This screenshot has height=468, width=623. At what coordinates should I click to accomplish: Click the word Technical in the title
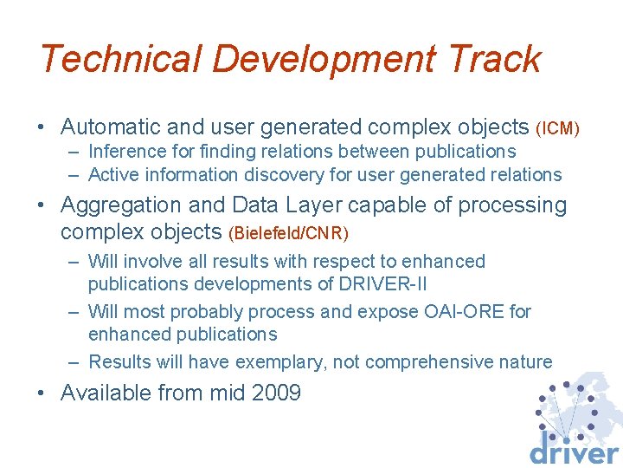click(120, 59)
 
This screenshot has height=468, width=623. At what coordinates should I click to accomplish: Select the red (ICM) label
click(557, 129)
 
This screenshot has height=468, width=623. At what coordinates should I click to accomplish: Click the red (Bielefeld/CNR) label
click(288, 233)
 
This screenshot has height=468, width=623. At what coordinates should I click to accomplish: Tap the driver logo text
click(574, 452)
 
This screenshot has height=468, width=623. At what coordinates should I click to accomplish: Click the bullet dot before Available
click(42, 394)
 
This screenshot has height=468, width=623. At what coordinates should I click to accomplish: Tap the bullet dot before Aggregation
click(42, 207)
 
